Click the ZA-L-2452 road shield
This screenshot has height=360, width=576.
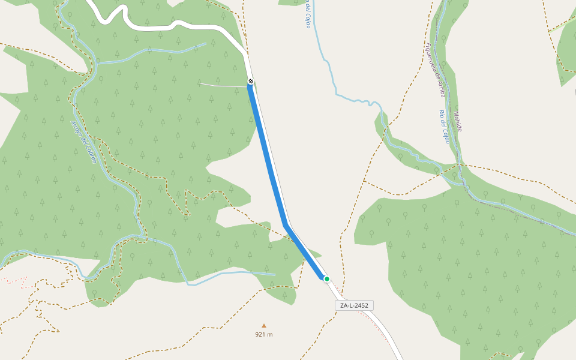[354, 305]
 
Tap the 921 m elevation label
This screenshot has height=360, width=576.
[264, 335]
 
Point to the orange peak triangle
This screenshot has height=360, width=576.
[263, 326]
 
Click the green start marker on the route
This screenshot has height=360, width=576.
[327, 278]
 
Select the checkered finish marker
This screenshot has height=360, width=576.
[251, 82]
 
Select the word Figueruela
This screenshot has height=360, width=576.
[430, 56]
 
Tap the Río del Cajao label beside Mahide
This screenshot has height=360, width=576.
[445, 127]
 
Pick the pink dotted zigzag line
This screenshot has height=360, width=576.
[15, 281]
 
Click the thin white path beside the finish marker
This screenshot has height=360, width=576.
[222, 85]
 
